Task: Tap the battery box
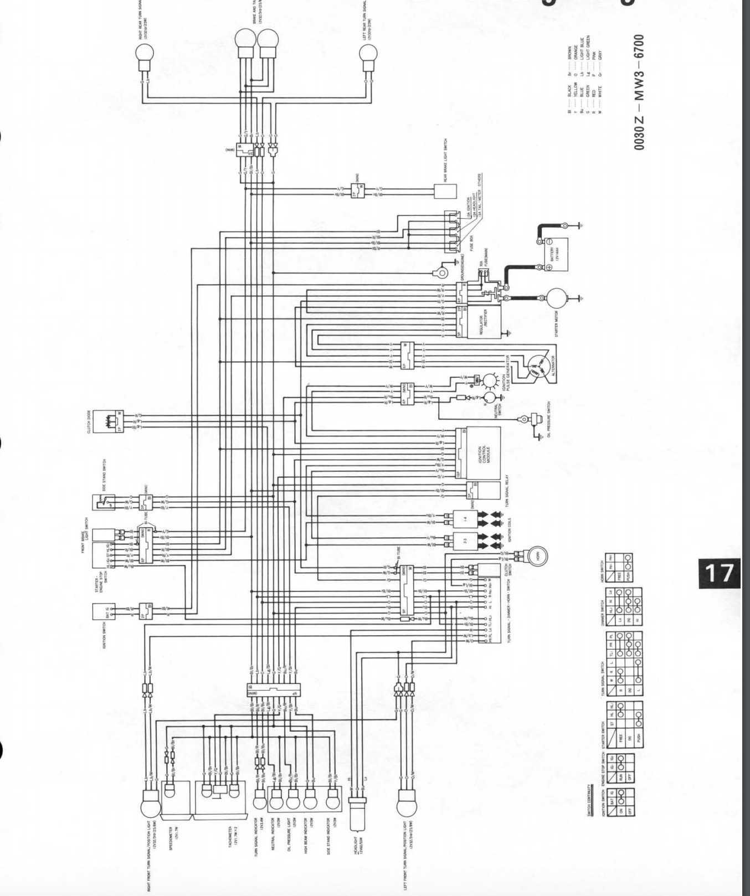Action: [556, 254]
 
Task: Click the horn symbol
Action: [536, 555]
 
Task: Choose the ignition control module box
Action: [482, 453]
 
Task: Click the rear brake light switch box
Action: [445, 191]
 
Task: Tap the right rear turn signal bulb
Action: [144, 55]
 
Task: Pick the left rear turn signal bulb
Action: [368, 55]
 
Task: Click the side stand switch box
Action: [104, 502]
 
